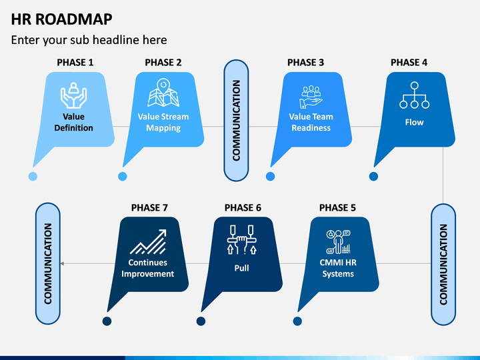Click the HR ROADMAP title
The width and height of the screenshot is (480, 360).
[x=61, y=19]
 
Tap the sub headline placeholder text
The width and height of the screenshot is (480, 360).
[x=89, y=40]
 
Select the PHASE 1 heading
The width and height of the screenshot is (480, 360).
[x=75, y=63]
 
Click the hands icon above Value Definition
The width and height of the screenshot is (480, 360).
[x=73, y=95]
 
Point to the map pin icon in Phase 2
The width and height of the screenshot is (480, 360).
[x=163, y=93]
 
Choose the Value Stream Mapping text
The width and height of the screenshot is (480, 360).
[x=163, y=122]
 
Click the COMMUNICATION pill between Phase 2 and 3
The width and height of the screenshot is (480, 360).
[x=236, y=120]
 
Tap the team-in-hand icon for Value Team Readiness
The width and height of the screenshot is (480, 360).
[x=311, y=97]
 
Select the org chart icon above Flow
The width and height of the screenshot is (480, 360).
[x=414, y=95]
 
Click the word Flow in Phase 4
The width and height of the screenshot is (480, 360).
[x=414, y=123]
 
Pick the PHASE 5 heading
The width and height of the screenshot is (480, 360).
[x=337, y=208]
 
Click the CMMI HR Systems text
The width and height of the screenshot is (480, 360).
[x=338, y=268]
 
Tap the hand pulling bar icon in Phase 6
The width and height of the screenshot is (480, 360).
[x=241, y=240]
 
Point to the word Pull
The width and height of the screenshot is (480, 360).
[x=241, y=268]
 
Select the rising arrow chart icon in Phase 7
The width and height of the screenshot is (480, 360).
[x=148, y=242]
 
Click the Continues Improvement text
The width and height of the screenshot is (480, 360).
[x=147, y=268]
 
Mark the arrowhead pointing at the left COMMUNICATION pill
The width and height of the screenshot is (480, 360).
[x=62, y=263]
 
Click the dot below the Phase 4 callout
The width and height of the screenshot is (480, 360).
[x=373, y=176]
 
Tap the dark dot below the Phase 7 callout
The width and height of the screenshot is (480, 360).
[x=107, y=321]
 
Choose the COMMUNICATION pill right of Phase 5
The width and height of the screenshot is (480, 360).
[x=443, y=265]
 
